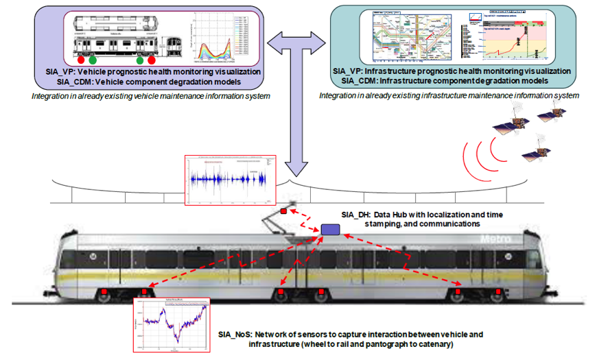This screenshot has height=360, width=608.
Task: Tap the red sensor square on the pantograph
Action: click(282, 211)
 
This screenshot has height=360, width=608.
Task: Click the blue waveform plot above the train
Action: click(230, 180)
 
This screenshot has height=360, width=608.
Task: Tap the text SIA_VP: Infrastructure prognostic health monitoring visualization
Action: click(451, 71)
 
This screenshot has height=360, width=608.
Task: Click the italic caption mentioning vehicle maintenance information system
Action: click(150, 95)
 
